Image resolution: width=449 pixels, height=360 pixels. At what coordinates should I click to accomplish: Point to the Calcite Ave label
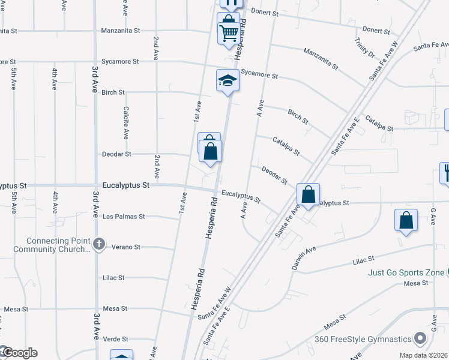tap(126, 123)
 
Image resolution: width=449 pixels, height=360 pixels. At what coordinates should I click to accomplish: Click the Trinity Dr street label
tap(364, 47)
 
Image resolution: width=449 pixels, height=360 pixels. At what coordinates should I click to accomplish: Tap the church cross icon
tap(100, 244)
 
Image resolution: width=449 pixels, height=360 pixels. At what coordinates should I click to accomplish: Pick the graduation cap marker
tap(228, 80)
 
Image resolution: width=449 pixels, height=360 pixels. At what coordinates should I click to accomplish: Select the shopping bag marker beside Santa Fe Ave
tap(308, 195)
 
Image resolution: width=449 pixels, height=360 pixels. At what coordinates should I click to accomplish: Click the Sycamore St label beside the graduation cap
tap(259, 76)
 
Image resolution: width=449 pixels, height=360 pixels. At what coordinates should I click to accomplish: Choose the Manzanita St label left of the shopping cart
tap(120, 30)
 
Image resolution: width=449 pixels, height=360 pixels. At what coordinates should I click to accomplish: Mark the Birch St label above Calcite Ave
tap(113, 92)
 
